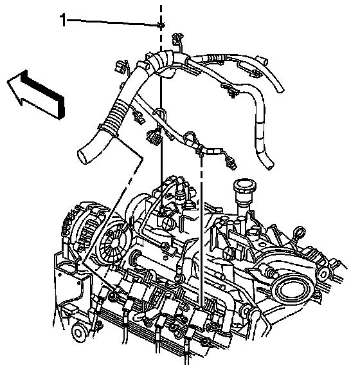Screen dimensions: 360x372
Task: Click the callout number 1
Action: click(63, 20)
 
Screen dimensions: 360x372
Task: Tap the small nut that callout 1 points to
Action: click(161, 25)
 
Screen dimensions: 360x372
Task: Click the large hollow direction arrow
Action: click(36, 95)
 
